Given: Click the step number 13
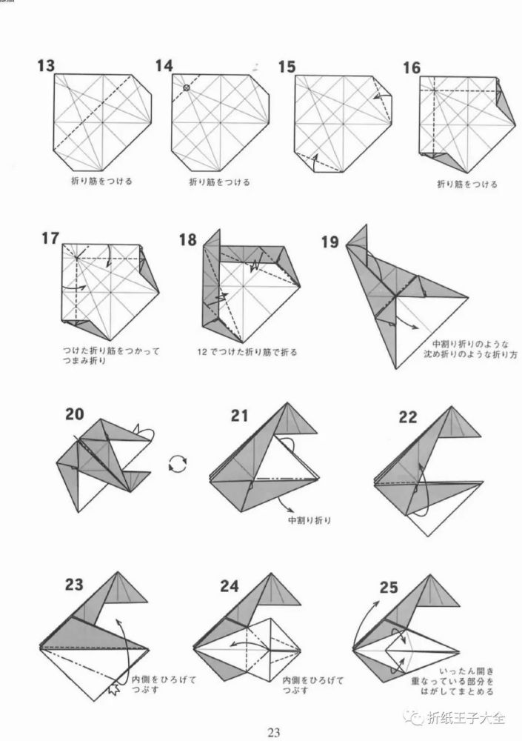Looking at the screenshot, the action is (x=47, y=66).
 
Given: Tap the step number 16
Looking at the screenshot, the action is (x=412, y=68).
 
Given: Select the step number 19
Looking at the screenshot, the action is (x=330, y=242).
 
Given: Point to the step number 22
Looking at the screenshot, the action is (x=408, y=417).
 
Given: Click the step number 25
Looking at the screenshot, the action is (x=389, y=588).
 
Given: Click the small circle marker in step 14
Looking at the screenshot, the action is (x=187, y=87).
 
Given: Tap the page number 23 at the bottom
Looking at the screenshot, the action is (x=274, y=733).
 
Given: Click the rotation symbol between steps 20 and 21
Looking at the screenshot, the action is (x=178, y=464).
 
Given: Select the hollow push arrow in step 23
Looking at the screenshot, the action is (x=113, y=688).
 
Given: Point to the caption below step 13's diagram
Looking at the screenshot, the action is (x=101, y=181).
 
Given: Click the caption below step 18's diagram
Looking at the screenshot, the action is (x=247, y=352).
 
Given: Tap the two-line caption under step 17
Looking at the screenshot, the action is (x=112, y=356).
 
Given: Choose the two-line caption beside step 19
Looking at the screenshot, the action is (x=470, y=349).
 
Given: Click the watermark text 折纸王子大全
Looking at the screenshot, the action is (x=466, y=718).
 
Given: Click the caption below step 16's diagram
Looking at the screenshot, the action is (x=467, y=185).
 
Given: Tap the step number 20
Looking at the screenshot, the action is (x=75, y=414).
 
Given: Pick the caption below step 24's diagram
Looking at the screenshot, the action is (x=313, y=685).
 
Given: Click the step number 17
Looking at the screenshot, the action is (x=50, y=239).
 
